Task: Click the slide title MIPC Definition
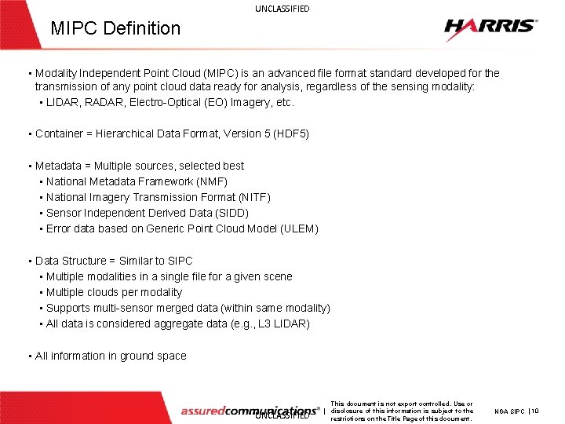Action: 115,28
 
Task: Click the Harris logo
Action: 490,29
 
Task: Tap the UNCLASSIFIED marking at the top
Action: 282,9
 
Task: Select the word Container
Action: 59,133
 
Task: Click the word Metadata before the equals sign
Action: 58,166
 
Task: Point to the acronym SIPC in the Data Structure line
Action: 179,261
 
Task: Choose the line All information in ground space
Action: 111,356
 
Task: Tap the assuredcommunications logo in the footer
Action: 250,410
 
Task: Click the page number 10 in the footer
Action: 534,411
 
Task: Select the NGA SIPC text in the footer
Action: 509,411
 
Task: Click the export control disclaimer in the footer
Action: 402,411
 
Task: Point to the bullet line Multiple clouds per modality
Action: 114,292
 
